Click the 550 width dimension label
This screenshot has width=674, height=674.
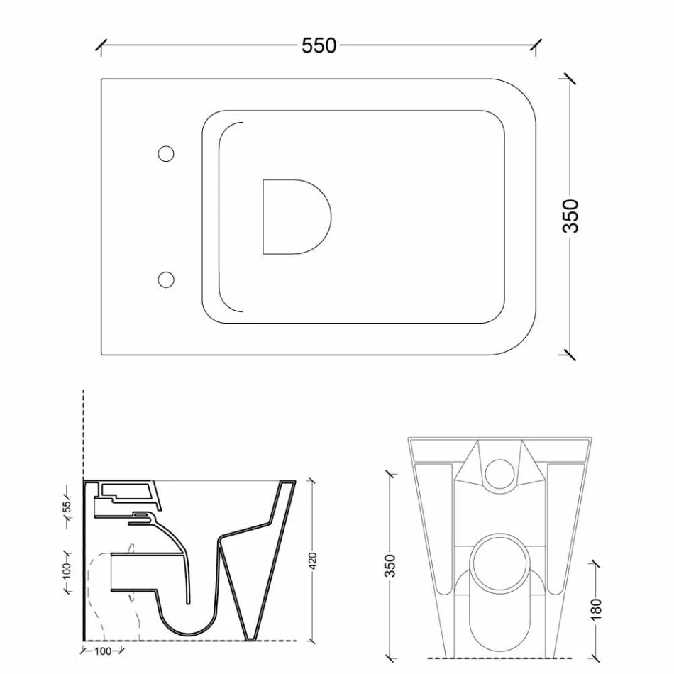(319, 45)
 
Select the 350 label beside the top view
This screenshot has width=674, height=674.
(570, 216)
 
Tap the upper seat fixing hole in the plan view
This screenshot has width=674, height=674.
(166, 153)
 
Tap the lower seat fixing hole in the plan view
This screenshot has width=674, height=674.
(166, 280)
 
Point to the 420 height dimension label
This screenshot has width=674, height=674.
(313, 560)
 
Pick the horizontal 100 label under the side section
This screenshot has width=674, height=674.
(103, 651)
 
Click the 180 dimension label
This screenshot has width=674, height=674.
(595, 608)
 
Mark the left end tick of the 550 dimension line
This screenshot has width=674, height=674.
(101, 46)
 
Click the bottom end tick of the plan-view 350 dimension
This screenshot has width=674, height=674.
(569, 353)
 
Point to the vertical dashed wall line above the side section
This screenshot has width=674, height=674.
(84, 433)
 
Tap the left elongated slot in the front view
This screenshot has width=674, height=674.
(436, 525)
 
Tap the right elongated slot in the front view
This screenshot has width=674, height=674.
(560, 525)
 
